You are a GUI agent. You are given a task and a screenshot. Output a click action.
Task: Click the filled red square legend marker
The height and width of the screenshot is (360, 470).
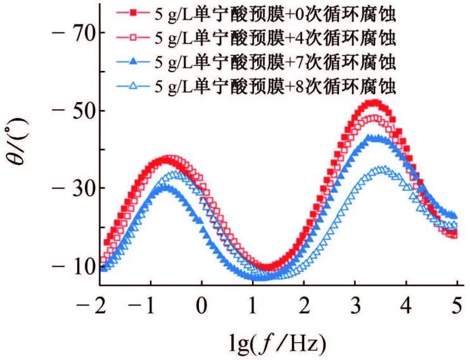(132, 12)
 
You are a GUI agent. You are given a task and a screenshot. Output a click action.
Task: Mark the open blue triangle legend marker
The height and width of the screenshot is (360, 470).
(132, 87)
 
